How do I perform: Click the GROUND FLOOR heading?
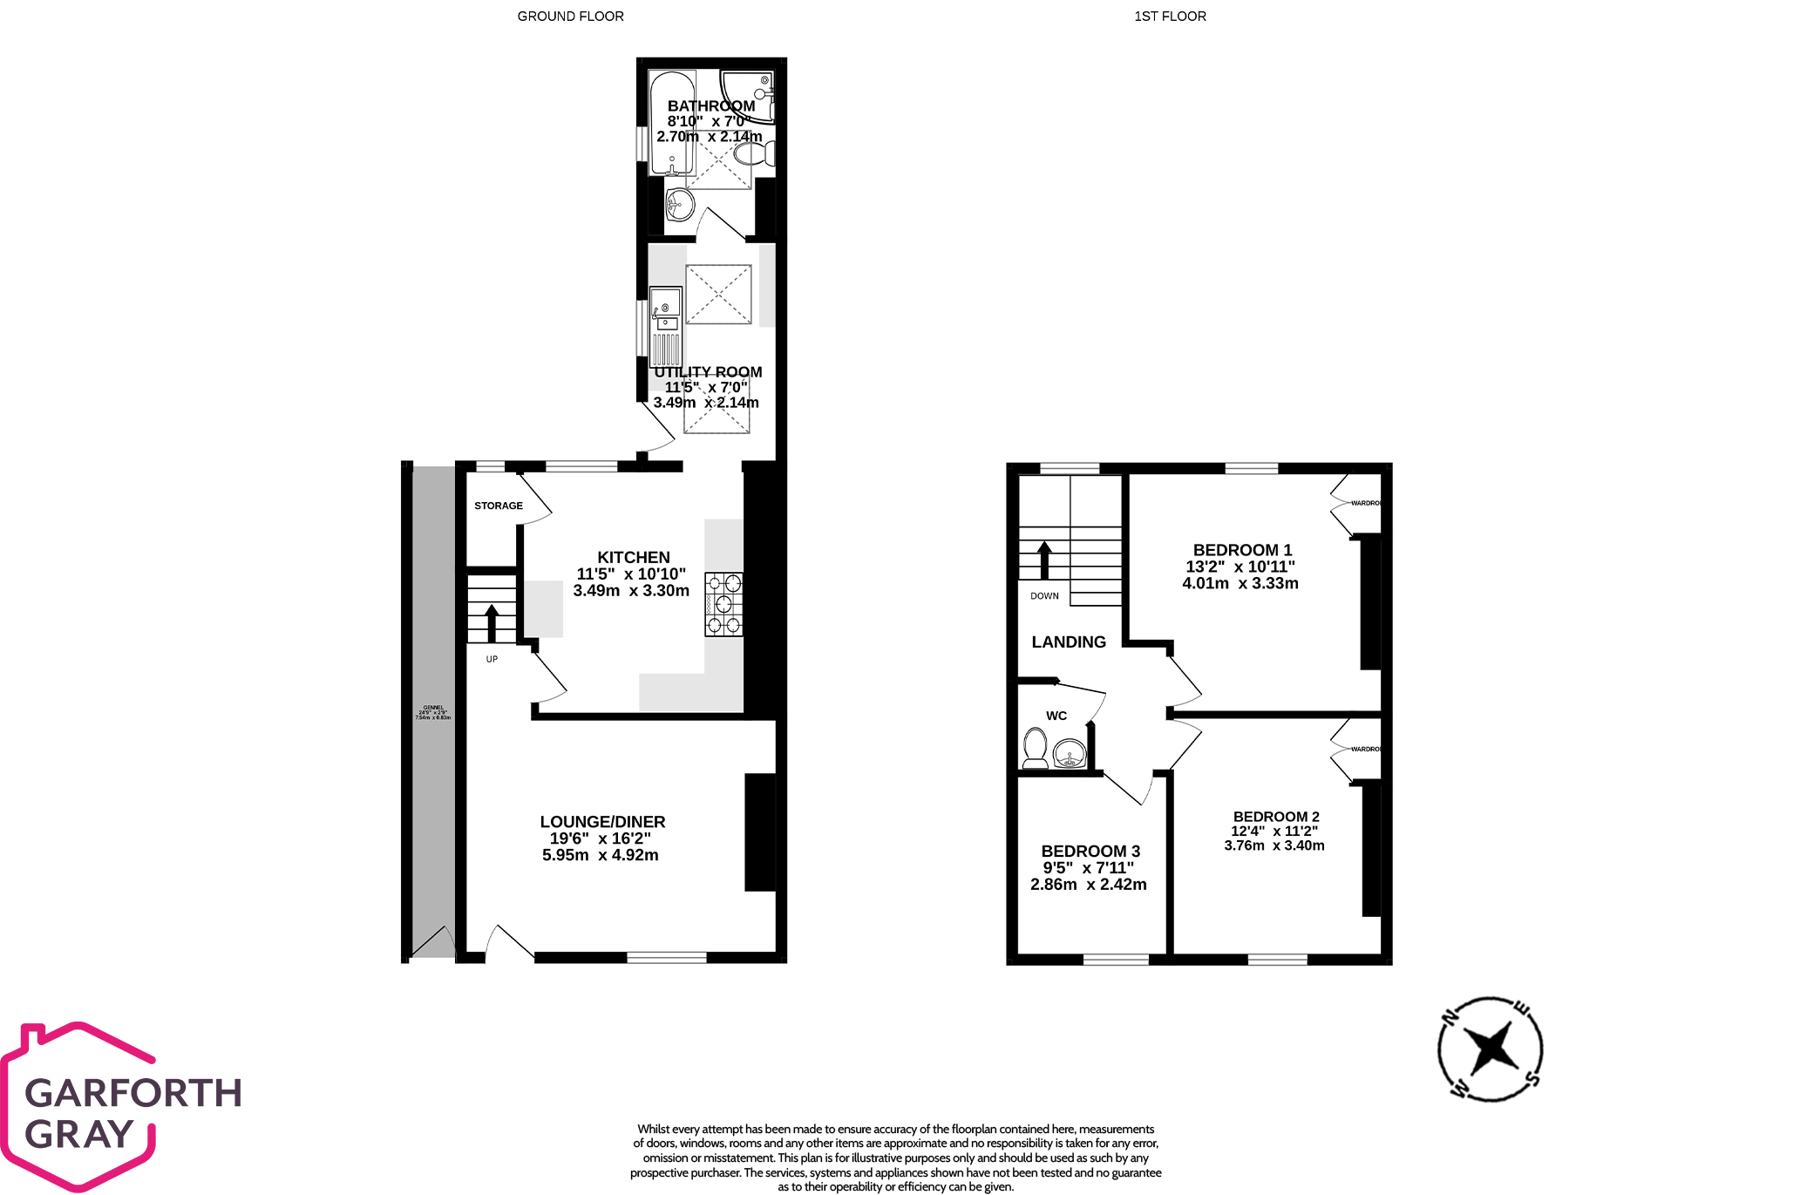point(570,17)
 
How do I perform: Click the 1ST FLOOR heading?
point(1170,17)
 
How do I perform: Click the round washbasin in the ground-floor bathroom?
point(679,207)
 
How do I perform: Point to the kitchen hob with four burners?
point(723,603)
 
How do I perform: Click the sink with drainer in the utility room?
point(666,326)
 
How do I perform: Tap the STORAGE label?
point(499,506)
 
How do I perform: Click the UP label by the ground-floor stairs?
point(492,659)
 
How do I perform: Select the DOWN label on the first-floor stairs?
point(1044,596)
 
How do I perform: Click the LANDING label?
point(1069,642)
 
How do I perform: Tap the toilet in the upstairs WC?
point(1035,749)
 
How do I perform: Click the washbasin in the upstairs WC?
point(1070,752)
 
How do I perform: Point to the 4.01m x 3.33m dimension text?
point(1239,583)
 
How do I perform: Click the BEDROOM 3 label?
point(1090,852)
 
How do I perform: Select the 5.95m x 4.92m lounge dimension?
point(600,855)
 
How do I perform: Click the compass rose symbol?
point(1490,1049)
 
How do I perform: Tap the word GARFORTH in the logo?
point(133,1093)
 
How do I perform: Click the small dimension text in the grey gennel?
point(433,712)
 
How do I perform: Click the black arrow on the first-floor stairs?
point(1043,560)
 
